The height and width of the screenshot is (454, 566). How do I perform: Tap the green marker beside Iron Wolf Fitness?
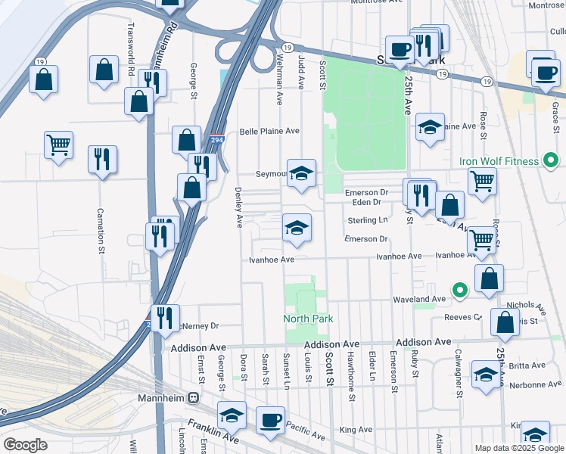(x=551, y=161)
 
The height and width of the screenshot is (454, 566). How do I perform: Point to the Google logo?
(x=25, y=445)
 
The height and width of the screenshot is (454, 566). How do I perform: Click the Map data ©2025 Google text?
(x=520, y=448)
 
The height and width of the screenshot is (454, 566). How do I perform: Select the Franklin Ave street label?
(x=213, y=431)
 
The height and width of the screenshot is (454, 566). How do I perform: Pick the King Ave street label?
(x=356, y=430)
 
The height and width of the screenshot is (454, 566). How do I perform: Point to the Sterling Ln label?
(x=367, y=220)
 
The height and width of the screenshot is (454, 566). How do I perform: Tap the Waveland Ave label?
(x=418, y=300)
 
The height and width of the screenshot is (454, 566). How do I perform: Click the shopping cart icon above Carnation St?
(x=58, y=143)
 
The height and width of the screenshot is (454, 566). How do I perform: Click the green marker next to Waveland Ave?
(x=459, y=290)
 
